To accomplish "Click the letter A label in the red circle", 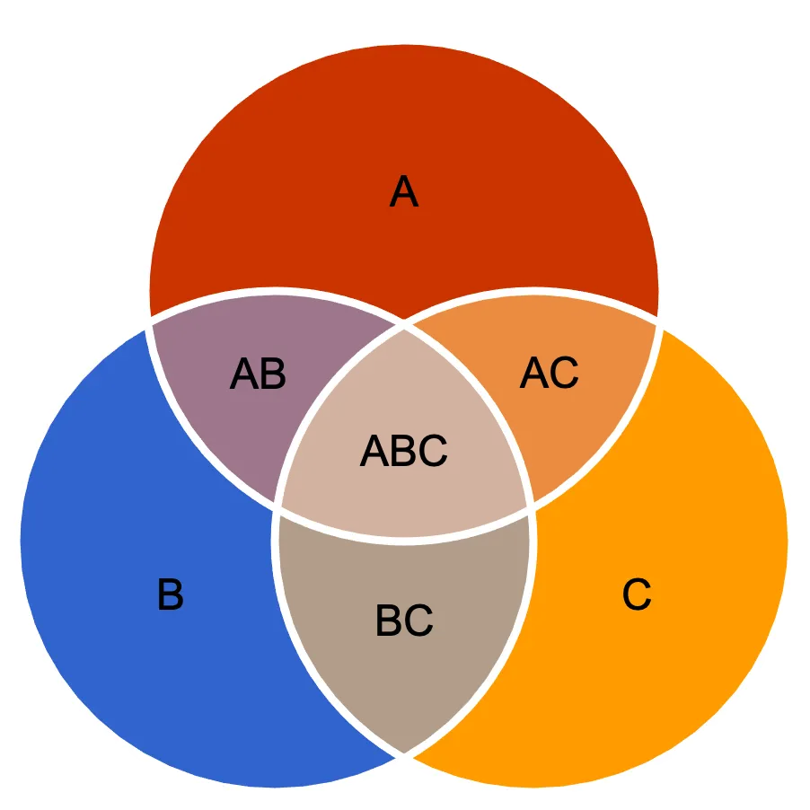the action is pos(404,192).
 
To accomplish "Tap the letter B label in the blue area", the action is pos(171,594).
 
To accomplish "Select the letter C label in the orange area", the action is pos(637,594).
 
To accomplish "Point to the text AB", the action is pos(258,374).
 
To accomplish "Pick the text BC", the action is pos(404,621).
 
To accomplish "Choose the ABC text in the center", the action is pos(404,451).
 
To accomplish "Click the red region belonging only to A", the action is pos(404,126).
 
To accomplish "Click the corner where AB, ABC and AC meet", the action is pos(404,325).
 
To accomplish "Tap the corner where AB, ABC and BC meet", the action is pos(277,508).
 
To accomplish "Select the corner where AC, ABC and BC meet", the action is pos(532,508).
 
